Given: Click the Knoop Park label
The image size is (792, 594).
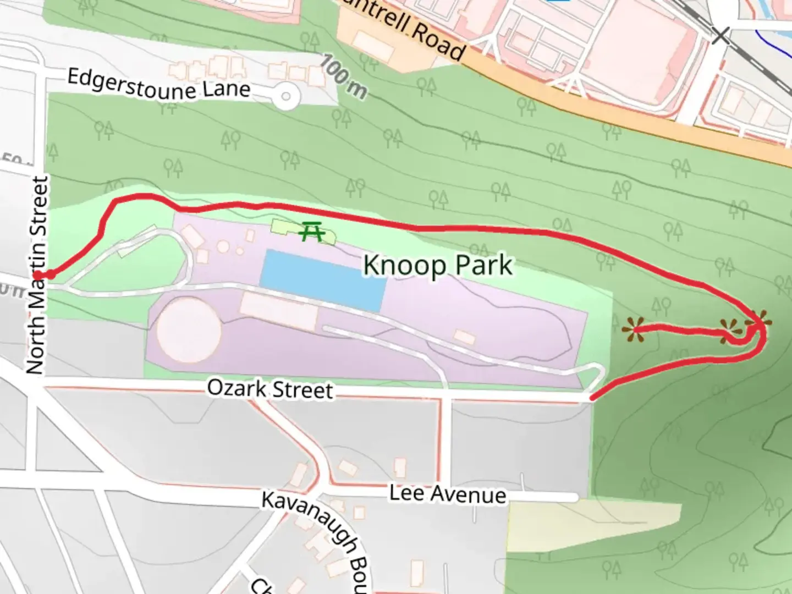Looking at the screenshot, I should (x=438, y=266).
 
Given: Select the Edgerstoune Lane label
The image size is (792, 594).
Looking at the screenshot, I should (x=158, y=84).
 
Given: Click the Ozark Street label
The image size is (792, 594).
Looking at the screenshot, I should (x=270, y=389).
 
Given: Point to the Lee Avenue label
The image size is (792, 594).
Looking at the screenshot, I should (x=448, y=493).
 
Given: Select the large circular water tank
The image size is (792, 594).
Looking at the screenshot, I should (x=189, y=329).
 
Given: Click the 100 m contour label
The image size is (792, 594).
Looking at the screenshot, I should (x=343, y=76).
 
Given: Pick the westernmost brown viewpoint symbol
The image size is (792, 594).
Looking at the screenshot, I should (x=633, y=331).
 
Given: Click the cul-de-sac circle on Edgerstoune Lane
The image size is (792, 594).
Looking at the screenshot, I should (x=285, y=97).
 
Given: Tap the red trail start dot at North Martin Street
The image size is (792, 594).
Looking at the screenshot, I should (x=50, y=274).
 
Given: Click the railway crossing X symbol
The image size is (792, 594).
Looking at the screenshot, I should (x=721, y=36).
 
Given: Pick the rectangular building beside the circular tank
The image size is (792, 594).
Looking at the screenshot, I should (x=279, y=311).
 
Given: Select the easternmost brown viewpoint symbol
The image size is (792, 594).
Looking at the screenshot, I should (x=758, y=322).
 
